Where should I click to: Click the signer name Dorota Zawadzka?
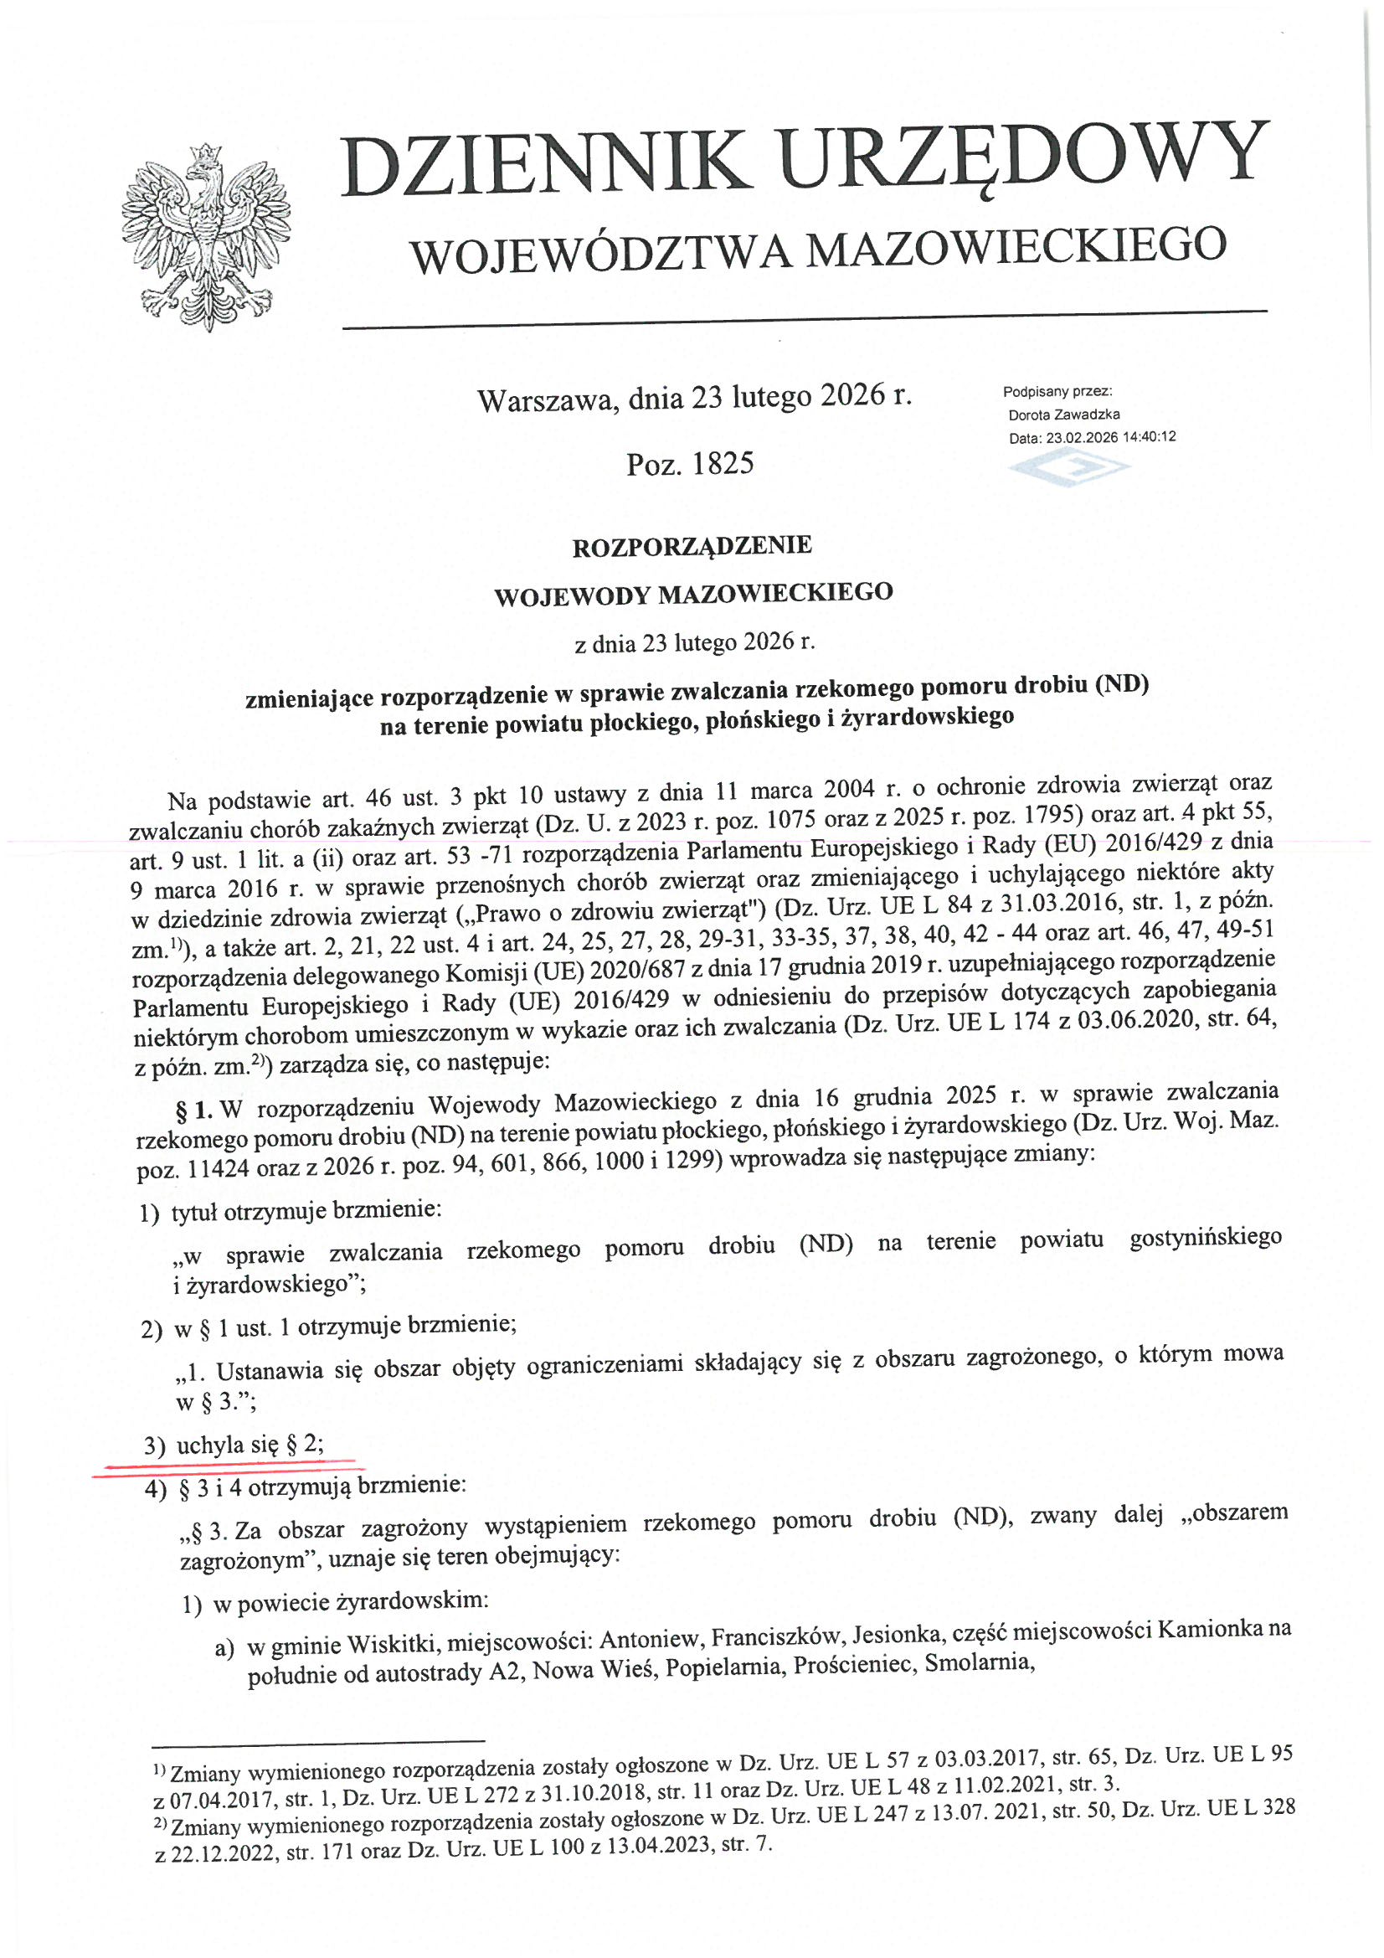click(x=1063, y=415)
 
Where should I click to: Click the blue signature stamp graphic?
click(x=1069, y=466)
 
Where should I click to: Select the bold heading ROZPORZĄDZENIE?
click(x=692, y=546)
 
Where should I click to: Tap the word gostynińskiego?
click(x=1204, y=1238)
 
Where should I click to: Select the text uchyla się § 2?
click(x=250, y=1445)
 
